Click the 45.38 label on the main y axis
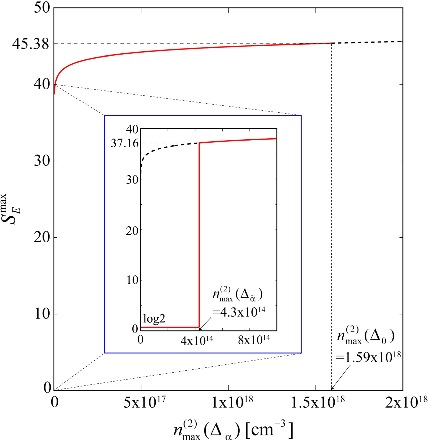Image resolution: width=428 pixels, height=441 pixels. [x=30, y=44]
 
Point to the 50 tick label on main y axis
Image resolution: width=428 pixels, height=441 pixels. [x=42, y=8]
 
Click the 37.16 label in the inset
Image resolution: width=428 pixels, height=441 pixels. [x=125, y=144]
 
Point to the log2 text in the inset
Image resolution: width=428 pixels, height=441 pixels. [x=154, y=319]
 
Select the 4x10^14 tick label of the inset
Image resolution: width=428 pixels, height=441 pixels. [x=197, y=340]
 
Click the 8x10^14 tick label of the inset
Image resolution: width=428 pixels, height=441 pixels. [x=254, y=340]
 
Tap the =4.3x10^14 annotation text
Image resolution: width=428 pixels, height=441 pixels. [x=239, y=312]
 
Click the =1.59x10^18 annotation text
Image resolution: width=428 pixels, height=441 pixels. [x=368, y=357]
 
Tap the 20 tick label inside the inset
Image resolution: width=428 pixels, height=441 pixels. [x=132, y=231]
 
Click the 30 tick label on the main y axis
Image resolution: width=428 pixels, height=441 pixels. [x=42, y=161]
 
